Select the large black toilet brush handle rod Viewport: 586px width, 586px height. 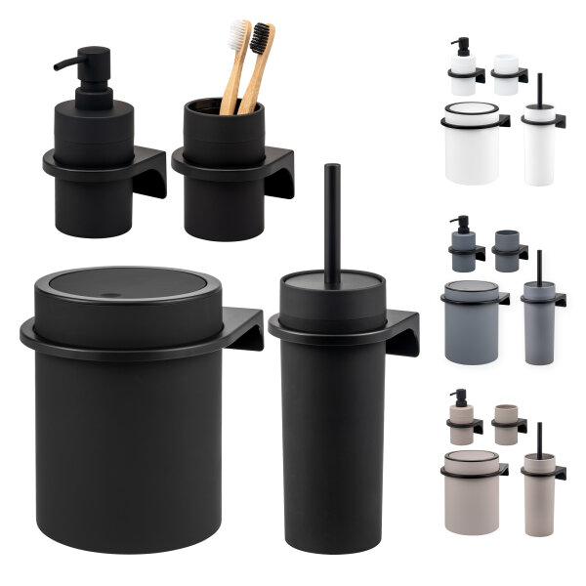coord(332,220)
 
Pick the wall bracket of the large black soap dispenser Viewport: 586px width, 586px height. coord(148,171)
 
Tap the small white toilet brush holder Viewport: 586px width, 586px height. coord(538,146)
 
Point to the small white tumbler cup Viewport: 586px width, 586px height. coord(506,74)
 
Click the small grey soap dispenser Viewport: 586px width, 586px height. coord(463,248)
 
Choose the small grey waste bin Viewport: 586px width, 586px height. coord(472,322)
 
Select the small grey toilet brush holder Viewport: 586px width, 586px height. coord(538,322)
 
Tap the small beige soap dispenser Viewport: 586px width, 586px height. coord(462,420)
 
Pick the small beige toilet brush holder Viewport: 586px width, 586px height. coord(538,493)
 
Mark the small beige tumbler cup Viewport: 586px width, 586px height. coord(506,425)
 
